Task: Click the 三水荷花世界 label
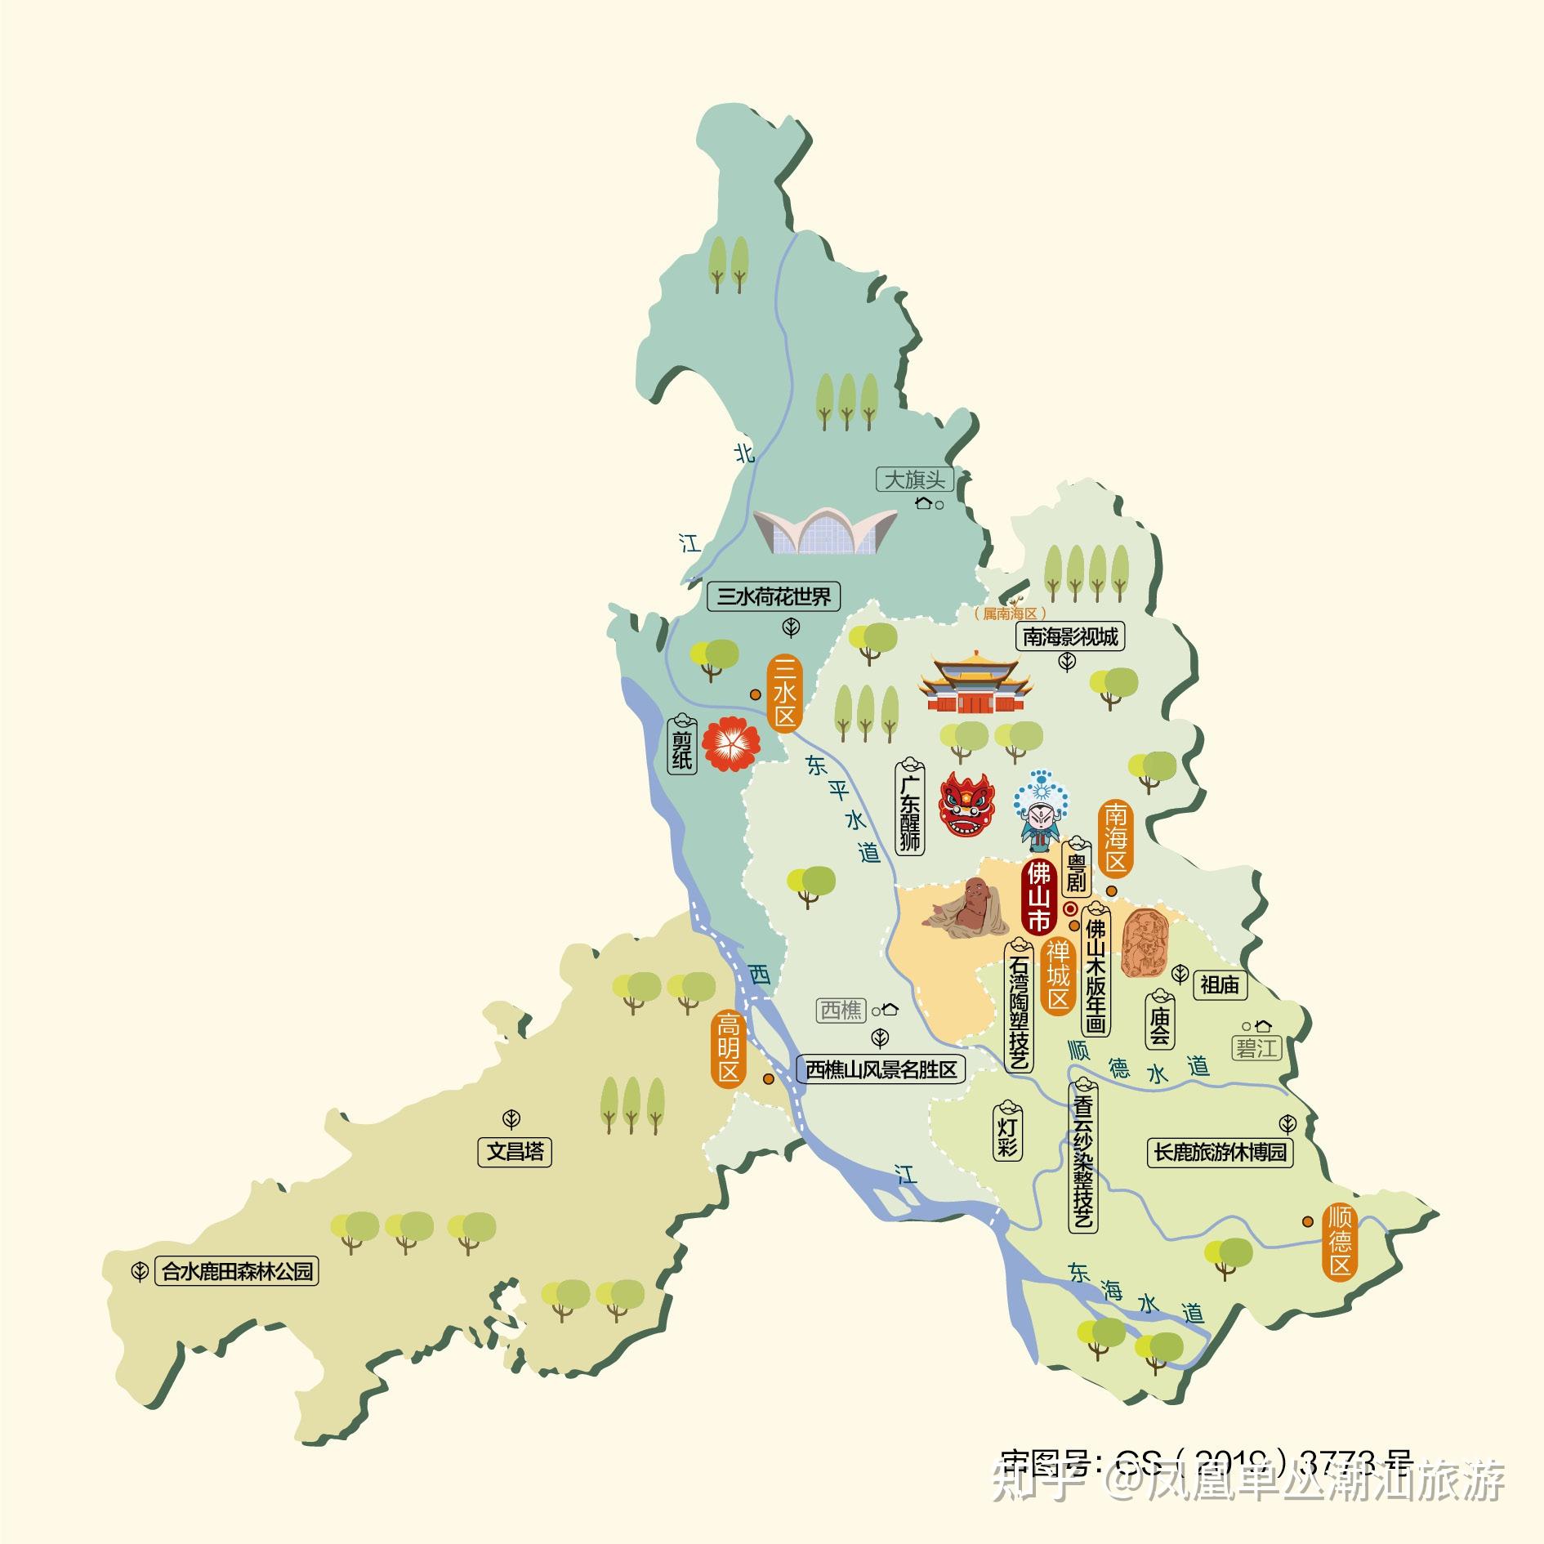[773, 596]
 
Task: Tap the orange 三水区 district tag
[785, 694]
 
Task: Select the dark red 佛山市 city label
[1038, 896]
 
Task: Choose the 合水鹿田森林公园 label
[237, 1272]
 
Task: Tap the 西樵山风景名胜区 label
[881, 1069]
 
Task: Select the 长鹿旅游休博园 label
[1220, 1152]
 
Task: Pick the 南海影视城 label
[1070, 636]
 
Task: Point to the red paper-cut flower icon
[732, 743]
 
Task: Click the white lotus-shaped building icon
[825, 529]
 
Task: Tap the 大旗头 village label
[915, 480]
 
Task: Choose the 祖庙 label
[1220, 985]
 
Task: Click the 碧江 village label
[1256, 1048]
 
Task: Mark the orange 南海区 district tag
[1116, 837]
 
